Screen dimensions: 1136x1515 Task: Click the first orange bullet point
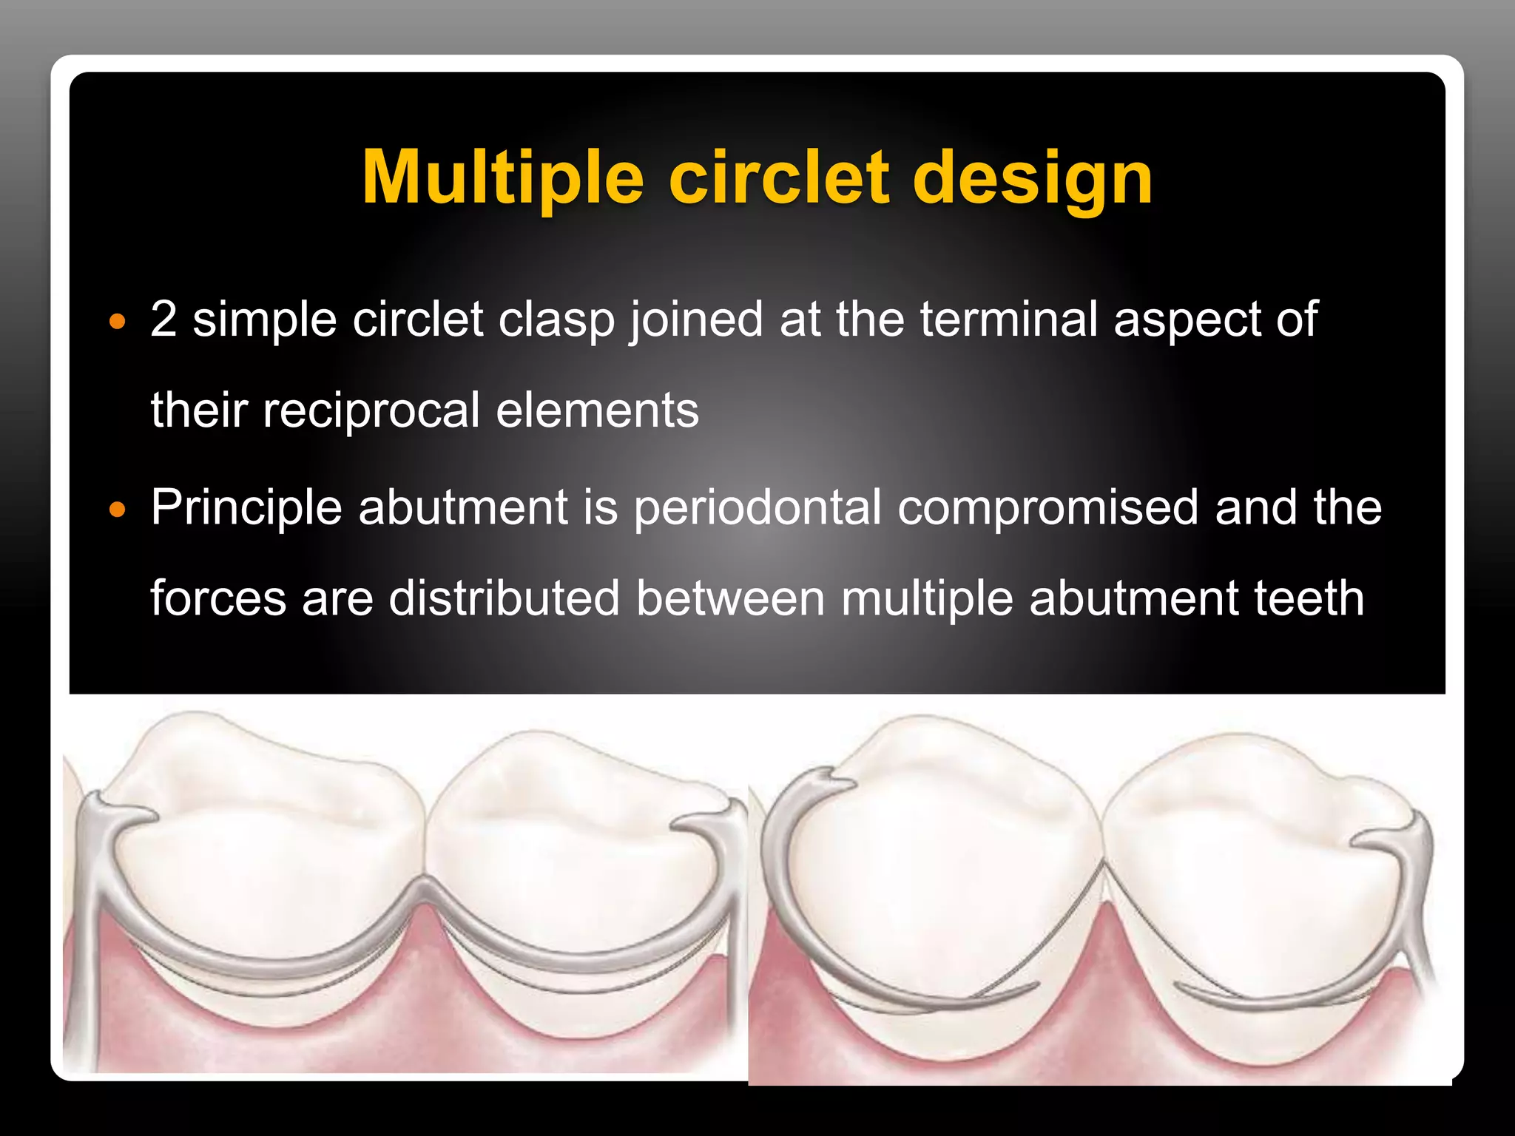tap(117, 322)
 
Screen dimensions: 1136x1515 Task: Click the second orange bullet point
tap(117, 510)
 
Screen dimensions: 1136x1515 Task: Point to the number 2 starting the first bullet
tap(163, 319)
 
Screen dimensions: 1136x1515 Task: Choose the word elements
tap(597, 410)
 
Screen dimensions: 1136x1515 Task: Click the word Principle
tap(246, 508)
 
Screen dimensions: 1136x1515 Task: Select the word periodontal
tap(757, 508)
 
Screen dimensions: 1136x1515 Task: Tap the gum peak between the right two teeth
tap(1103, 917)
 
